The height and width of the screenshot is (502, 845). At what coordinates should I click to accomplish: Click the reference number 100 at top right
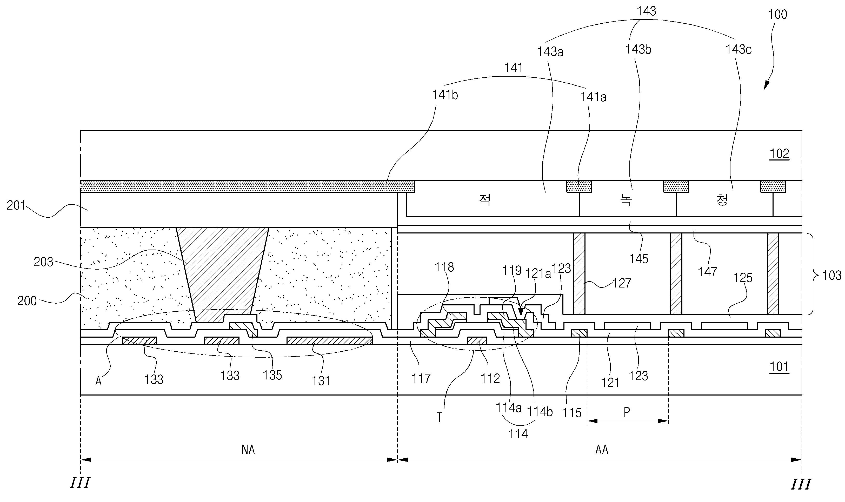coord(777,15)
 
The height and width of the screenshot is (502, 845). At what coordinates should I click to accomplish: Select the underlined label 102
coord(779,154)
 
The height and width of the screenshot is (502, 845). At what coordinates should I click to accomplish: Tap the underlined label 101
coord(779,367)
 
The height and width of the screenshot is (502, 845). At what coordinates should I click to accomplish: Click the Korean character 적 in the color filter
coord(485,200)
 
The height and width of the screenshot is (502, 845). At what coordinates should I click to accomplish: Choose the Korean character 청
coord(722,200)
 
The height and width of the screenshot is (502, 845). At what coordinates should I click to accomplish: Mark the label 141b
coord(445,95)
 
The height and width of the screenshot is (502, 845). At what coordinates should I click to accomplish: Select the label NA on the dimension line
coord(248,450)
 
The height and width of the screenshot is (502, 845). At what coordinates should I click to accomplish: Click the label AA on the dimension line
coord(601,450)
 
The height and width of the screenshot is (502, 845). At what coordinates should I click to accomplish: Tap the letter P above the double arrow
coord(627,412)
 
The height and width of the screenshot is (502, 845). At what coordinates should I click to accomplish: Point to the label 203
coord(44,262)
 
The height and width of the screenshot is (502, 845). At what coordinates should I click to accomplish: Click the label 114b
coord(540,412)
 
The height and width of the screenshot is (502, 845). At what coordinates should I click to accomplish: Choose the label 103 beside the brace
coord(832,275)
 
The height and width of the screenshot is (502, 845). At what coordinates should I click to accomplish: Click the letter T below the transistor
coord(439,418)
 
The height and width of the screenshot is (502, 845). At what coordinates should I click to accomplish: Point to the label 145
coord(638,259)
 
